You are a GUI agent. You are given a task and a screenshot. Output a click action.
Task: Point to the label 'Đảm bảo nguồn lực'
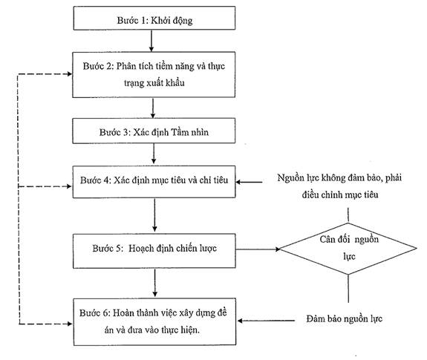point(345,318)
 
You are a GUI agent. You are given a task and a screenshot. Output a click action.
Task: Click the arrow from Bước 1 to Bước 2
point(151,41)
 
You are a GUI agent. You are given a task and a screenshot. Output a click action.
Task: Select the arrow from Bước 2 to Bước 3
point(153,108)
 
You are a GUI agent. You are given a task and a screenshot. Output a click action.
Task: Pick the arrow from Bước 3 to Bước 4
point(154,154)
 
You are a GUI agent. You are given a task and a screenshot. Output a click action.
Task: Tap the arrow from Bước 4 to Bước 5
point(154,215)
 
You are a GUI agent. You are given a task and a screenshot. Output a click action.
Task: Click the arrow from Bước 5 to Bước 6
point(155,283)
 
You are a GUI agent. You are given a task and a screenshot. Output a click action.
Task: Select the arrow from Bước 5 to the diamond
point(258,249)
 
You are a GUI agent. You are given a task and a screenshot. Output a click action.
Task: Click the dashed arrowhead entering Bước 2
point(70,73)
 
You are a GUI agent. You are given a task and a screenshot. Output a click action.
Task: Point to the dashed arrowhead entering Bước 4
point(70,186)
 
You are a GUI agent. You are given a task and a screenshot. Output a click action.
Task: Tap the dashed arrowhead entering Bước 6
point(70,324)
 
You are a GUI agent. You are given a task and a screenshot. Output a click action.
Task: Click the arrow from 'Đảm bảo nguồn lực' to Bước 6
point(266,321)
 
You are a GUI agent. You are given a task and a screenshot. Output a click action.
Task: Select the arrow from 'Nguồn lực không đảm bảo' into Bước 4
point(249,182)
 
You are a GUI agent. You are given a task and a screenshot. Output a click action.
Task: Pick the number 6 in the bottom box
point(105,313)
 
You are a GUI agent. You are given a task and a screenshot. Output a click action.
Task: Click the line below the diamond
point(348,289)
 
